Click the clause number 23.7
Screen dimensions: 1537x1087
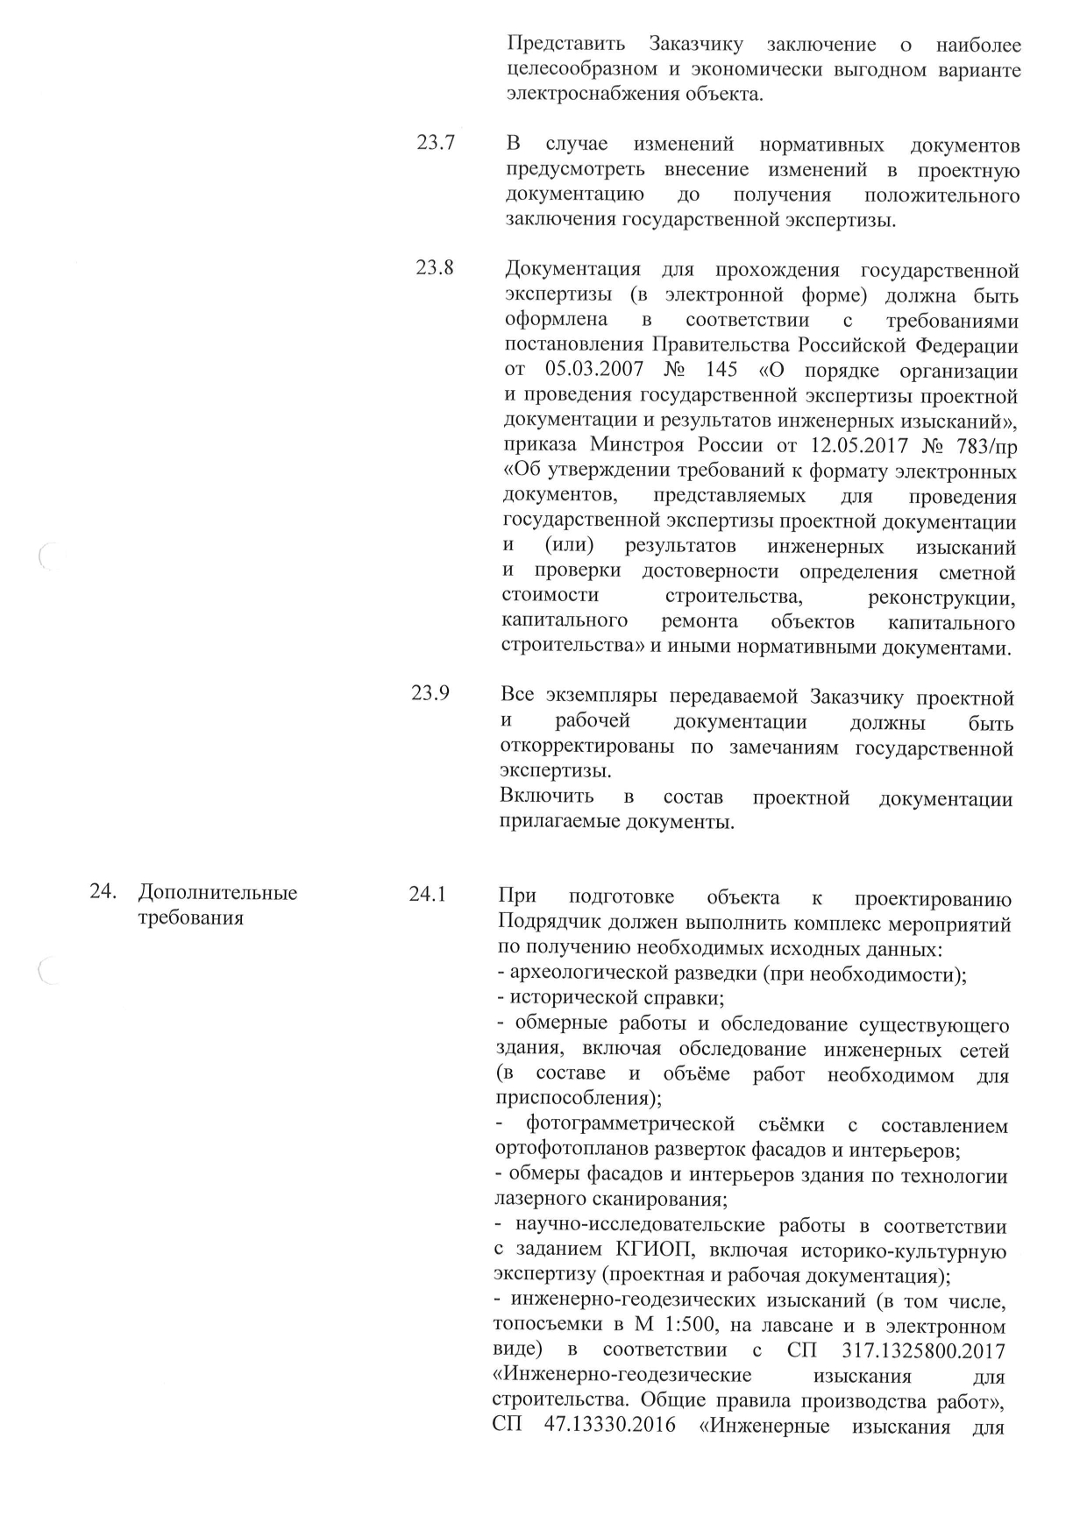pos(435,143)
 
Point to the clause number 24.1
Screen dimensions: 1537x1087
pos(428,895)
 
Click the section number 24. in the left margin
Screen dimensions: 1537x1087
pos(103,893)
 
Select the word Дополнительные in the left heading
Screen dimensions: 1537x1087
pos(218,893)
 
